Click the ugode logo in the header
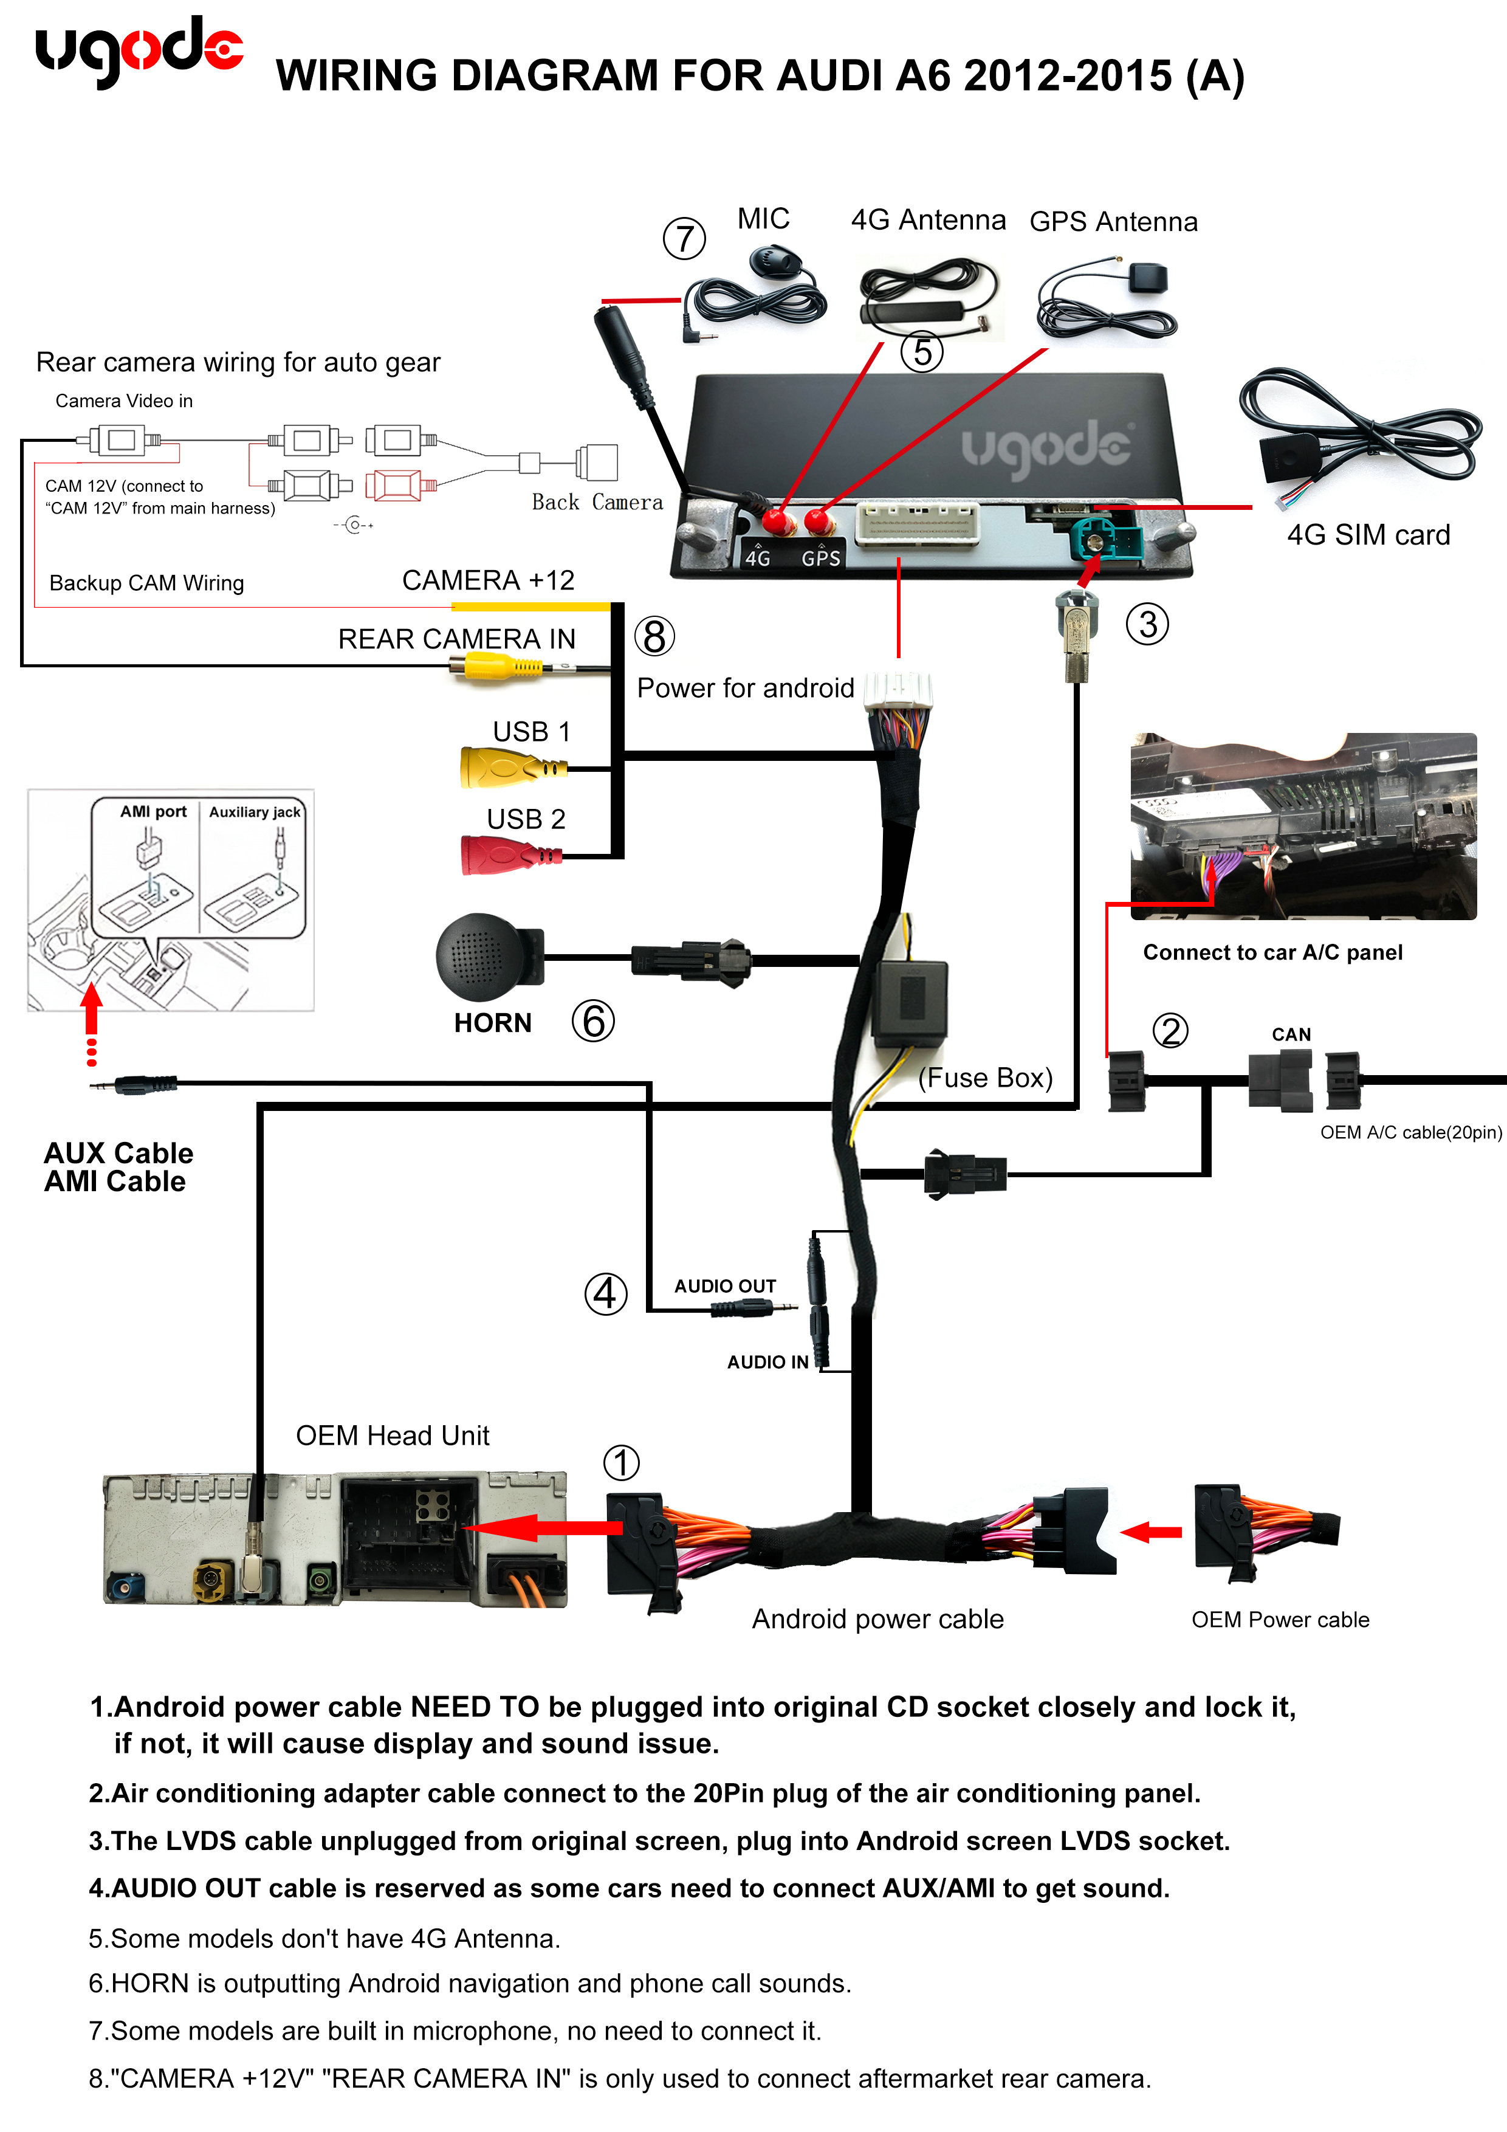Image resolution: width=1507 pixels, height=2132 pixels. click(139, 51)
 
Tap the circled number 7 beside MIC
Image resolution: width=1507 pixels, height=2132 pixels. click(684, 239)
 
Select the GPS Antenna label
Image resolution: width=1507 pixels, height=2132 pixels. click(1113, 222)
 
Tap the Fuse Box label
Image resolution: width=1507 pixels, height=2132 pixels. click(985, 1078)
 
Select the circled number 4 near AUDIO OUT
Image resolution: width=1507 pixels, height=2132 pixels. click(605, 1293)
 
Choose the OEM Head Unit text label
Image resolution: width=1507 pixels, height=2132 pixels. click(392, 1436)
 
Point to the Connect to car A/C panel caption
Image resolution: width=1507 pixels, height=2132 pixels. click(1272, 953)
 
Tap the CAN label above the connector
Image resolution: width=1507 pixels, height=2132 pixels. click(1291, 1034)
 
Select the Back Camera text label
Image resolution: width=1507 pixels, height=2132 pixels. click(597, 503)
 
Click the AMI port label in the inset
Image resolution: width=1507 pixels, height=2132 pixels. click(153, 811)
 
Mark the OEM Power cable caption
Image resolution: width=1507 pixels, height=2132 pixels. click(1280, 1620)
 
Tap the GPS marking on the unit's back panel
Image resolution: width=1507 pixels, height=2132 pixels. click(821, 558)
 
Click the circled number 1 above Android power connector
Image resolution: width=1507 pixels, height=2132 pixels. click(621, 1463)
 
